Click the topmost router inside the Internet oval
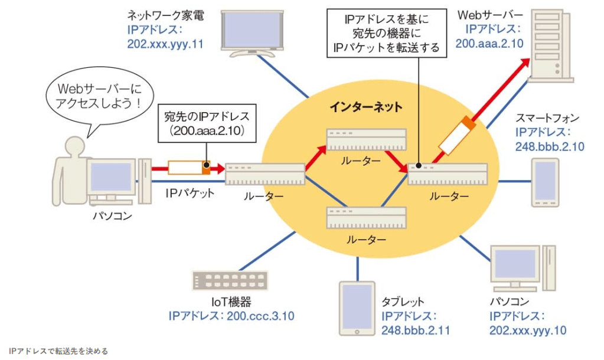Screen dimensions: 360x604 click(x=367, y=140)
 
